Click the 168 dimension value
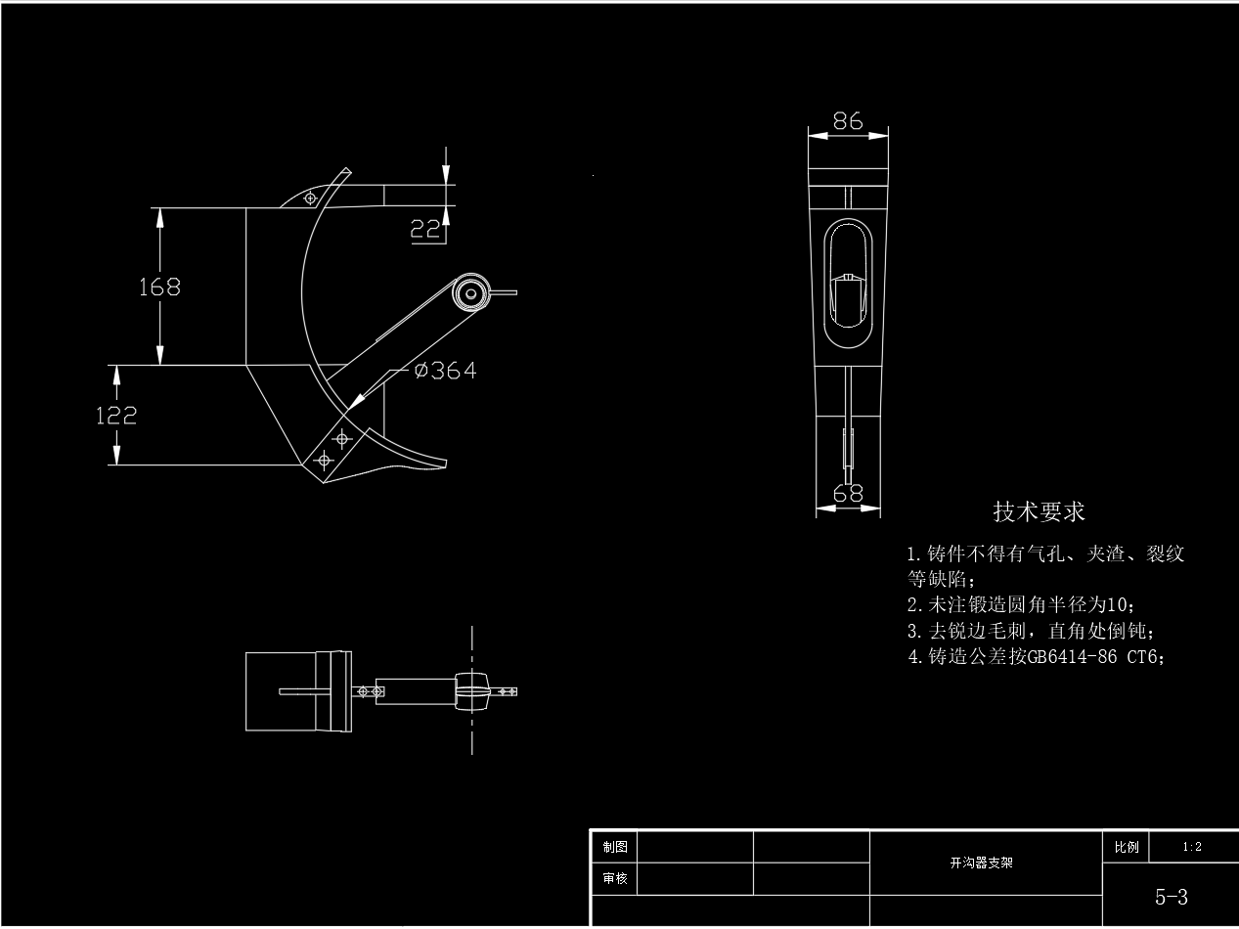(159, 287)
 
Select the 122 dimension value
(116, 415)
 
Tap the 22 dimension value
(424, 229)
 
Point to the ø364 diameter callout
(445, 371)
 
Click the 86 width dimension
(848, 120)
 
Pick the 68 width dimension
(848, 494)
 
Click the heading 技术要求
(1039, 511)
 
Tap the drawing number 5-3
(1171, 896)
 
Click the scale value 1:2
(1192, 847)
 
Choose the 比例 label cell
(1125, 847)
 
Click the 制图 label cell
(615, 847)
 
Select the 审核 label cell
(615, 879)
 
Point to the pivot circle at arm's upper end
(470, 292)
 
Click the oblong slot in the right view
(848, 283)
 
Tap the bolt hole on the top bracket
(311, 198)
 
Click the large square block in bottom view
(281, 691)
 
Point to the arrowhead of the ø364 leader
(355, 401)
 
